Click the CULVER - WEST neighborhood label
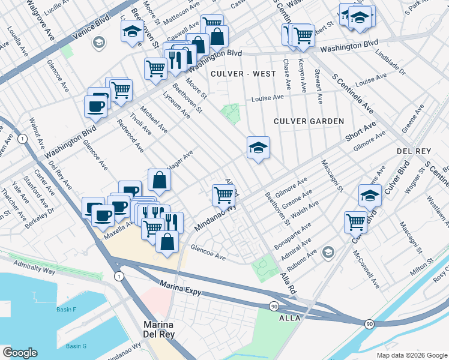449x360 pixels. [243, 74]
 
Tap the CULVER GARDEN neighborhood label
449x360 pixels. [309, 121]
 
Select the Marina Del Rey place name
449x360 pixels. [159, 330]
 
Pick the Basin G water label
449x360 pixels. [76, 346]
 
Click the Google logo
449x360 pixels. [19, 353]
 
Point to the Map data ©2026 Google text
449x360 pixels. [411, 355]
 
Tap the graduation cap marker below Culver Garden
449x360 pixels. [258, 148]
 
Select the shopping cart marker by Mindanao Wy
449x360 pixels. [223, 194]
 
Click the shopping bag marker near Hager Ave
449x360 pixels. [160, 179]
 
